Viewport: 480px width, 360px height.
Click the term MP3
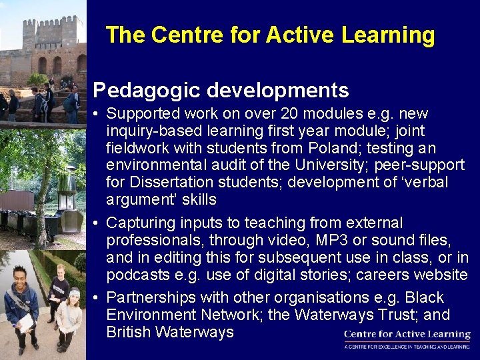[303, 240]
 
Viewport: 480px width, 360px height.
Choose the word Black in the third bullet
[424, 297]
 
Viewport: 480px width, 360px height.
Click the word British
[129, 332]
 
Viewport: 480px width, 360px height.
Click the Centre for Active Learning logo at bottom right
[407, 339]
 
